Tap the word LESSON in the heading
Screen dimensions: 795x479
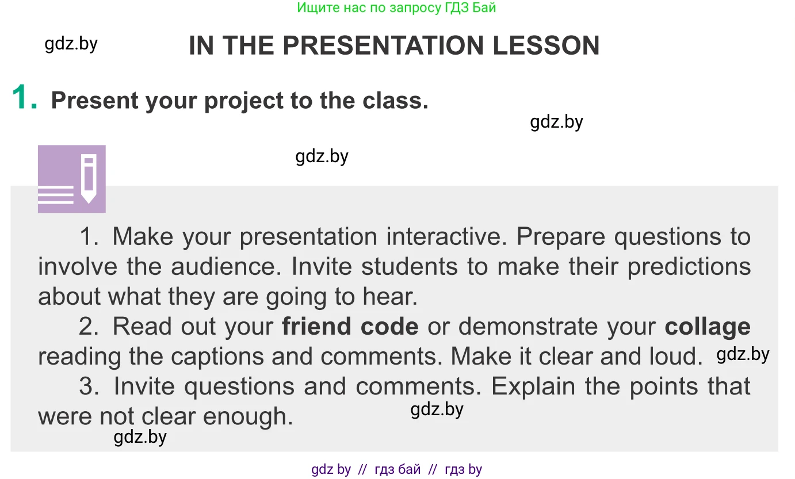pos(546,45)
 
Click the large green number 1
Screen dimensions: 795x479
pos(24,97)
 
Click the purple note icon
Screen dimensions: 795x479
pos(72,179)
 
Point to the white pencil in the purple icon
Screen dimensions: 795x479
pos(89,178)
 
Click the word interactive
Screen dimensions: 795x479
pos(447,236)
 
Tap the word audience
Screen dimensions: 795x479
pos(227,266)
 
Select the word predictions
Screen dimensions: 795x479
pos(689,267)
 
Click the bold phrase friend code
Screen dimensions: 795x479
pos(350,326)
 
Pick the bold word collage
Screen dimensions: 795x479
pos(708,327)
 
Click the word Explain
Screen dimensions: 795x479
pos(533,387)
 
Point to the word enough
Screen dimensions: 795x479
pos(248,417)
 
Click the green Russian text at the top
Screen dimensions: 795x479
pos(396,8)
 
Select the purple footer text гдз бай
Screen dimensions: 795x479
pos(397,469)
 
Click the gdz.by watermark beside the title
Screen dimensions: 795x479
pos(71,44)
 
